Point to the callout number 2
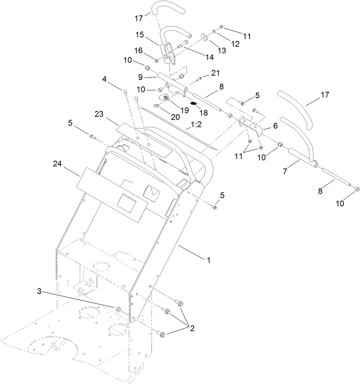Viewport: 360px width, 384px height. click(192, 328)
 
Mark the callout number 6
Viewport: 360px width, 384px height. click(275, 126)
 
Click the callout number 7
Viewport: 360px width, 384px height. click(285, 171)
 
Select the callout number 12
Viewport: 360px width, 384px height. click(235, 44)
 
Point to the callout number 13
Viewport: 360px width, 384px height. click(222, 51)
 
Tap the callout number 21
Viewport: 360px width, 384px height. click(215, 74)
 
